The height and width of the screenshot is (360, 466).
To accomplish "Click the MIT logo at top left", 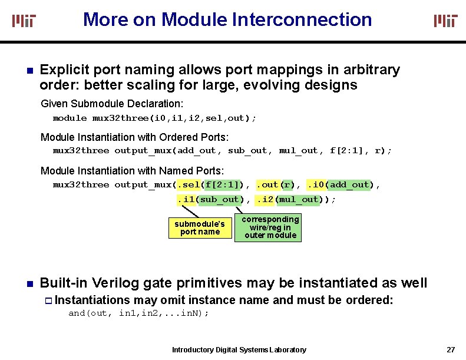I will click(24, 21).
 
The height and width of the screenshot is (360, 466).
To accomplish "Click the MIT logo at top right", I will click(445, 21).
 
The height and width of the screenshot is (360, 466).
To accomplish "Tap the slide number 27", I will click(451, 349).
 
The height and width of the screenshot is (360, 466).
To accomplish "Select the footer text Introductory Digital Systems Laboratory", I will click(239, 350).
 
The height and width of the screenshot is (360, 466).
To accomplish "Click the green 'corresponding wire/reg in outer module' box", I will click(270, 227).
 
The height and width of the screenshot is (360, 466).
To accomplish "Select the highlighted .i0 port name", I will click(316, 185).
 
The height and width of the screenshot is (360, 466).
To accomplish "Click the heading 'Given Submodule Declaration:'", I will click(104, 104).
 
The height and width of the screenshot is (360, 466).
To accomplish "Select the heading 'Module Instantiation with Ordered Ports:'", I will click(134, 137).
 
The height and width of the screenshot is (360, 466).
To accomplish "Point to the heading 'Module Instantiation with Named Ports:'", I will click(132, 171).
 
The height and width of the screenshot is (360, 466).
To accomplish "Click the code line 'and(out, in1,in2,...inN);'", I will click(138, 313).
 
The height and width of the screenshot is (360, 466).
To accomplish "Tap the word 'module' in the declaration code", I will click(70, 118).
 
